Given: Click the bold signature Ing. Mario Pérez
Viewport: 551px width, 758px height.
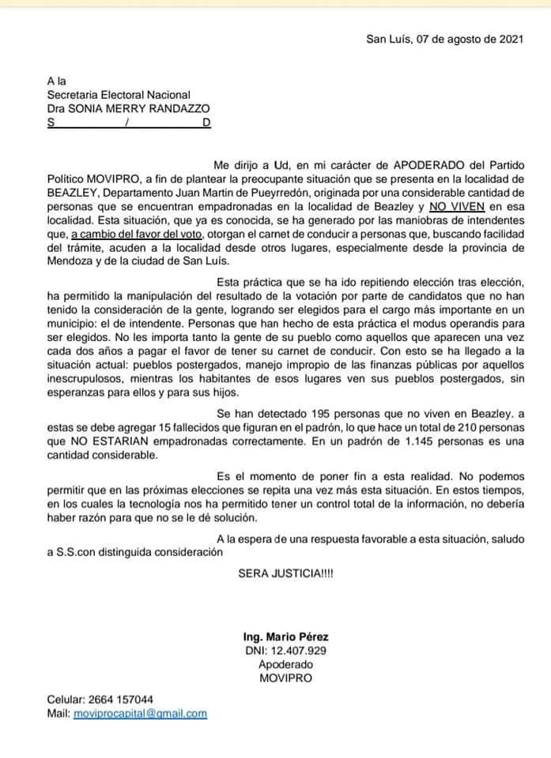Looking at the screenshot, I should [x=286, y=636].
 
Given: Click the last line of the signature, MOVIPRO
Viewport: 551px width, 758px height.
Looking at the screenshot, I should [x=286, y=677].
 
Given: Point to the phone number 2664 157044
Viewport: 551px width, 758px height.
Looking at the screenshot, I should [x=123, y=699].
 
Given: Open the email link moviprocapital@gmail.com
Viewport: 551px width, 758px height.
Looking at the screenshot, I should [x=140, y=712].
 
